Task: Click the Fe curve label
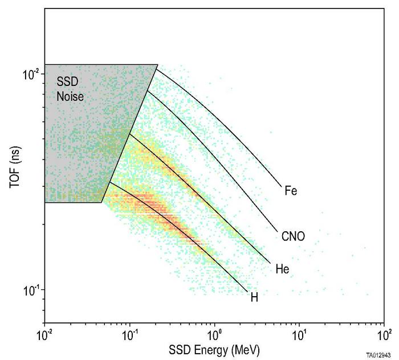(x=291, y=191)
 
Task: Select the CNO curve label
(x=293, y=235)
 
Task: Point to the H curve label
(x=254, y=297)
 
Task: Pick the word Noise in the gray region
(x=71, y=97)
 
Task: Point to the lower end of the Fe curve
(x=282, y=186)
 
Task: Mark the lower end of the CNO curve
(x=278, y=230)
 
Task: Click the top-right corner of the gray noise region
(x=157, y=65)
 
